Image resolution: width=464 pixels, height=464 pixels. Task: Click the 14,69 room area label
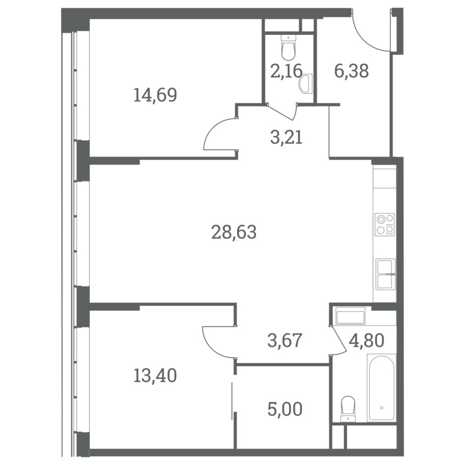click(155, 95)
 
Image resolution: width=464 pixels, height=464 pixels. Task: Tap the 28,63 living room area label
click(234, 232)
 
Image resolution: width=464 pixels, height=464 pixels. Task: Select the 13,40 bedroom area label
click(155, 375)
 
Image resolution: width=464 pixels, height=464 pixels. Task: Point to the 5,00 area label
click(285, 409)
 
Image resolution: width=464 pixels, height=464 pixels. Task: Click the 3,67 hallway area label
click(285, 340)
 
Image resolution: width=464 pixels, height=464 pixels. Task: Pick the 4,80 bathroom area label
click(367, 340)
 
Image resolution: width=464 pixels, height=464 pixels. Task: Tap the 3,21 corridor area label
click(287, 137)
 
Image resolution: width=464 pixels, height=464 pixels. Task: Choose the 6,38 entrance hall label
click(351, 71)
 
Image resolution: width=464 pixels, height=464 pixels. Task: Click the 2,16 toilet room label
click(286, 71)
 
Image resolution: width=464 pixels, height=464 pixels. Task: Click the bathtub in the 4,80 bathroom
click(382, 388)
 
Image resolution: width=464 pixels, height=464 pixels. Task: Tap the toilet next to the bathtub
click(348, 409)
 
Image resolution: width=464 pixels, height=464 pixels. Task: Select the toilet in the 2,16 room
click(288, 48)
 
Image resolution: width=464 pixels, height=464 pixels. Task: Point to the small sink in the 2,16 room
click(306, 84)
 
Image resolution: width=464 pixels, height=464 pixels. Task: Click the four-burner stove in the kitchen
click(385, 224)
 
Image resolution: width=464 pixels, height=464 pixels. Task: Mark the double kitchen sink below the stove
click(385, 274)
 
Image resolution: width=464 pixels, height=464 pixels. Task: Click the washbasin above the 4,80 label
click(350, 316)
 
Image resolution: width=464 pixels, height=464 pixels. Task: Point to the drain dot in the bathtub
click(382, 408)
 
